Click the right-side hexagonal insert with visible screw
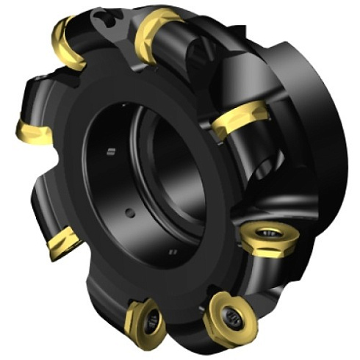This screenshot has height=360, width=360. coord(263,238)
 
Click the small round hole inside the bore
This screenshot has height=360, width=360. coord(131,214)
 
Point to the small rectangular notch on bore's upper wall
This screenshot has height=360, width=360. coord(110,153)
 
